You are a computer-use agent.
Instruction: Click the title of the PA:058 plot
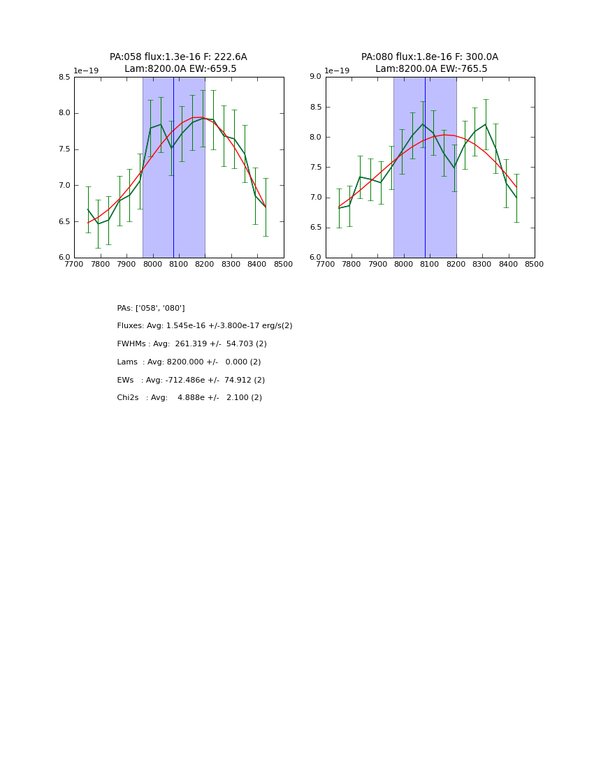pos(178,63)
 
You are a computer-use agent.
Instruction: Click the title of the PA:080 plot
pos(430,63)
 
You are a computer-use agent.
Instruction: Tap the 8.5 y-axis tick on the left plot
pos(64,77)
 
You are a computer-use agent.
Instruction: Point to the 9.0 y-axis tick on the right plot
pos(315,77)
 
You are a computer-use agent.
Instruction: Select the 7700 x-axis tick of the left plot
pos(74,265)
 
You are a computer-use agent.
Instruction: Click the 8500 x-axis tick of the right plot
pos(535,265)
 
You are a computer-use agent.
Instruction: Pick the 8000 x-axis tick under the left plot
pos(152,265)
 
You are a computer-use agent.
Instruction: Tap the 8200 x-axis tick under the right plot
pos(456,265)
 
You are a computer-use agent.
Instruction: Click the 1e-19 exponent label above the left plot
pos(86,71)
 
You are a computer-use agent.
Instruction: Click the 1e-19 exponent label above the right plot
pos(337,71)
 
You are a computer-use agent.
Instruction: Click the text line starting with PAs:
pos(151,308)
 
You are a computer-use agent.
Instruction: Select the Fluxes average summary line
pos(205,326)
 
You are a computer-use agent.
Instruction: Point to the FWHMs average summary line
pos(192,344)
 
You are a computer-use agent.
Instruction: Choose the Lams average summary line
pos(189,362)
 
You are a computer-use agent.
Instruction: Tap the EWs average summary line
pos(191,381)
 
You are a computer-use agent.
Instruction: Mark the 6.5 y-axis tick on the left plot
pos(64,222)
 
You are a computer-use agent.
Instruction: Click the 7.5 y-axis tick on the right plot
pos(315,168)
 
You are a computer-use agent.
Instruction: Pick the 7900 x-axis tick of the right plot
pos(377,265)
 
